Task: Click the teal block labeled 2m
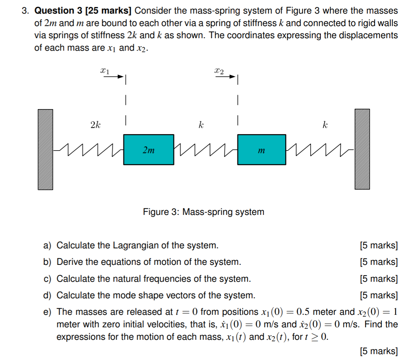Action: point(148,150)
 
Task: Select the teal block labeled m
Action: point(261,150)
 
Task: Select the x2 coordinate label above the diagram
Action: point(219,70)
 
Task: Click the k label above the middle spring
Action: point(201,125)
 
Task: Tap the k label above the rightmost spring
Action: point(325,125)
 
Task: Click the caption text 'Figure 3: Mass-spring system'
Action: point(203,212)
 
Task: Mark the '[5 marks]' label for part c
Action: point(379,279)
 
